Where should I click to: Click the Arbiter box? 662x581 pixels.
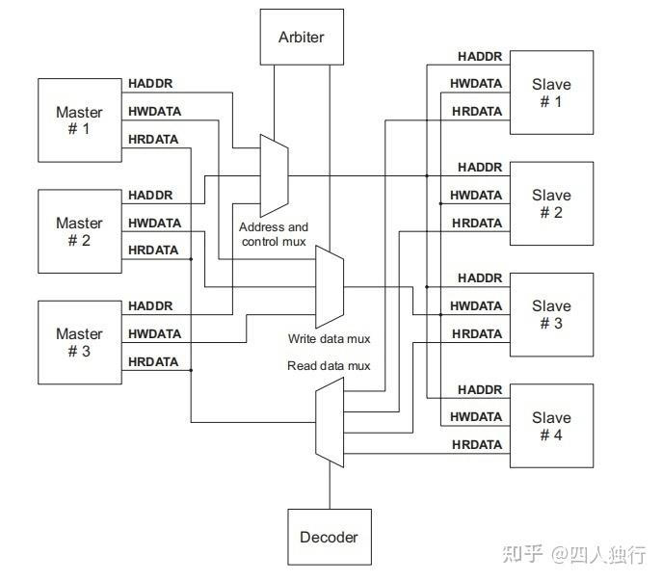point(302,38)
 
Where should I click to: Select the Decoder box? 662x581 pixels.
point(329,537)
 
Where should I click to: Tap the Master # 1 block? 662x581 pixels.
point(79,120)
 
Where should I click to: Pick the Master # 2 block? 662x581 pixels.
point(79,231)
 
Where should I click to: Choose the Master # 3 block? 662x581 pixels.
point(79,342)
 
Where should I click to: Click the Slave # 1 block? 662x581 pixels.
point(551,92)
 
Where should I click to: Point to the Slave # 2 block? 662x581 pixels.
point(551,203)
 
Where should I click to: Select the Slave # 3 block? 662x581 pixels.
point(551,314)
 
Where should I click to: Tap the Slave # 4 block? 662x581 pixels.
point(551,426)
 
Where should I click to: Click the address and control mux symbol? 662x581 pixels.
point(275,174)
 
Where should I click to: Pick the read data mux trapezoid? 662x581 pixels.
point(330,422)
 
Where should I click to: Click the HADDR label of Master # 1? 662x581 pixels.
point(150,84)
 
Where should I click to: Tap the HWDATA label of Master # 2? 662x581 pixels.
point(154,223)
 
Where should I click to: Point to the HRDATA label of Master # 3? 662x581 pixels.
point(153,361)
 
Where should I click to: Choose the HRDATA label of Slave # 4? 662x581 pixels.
point(477,444)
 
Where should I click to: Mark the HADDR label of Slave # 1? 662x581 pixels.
point(480,56)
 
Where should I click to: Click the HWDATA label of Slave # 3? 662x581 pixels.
point(477,305)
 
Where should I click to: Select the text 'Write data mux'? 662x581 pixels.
point(329,339)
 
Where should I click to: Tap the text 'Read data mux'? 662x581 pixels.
point(328,366)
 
